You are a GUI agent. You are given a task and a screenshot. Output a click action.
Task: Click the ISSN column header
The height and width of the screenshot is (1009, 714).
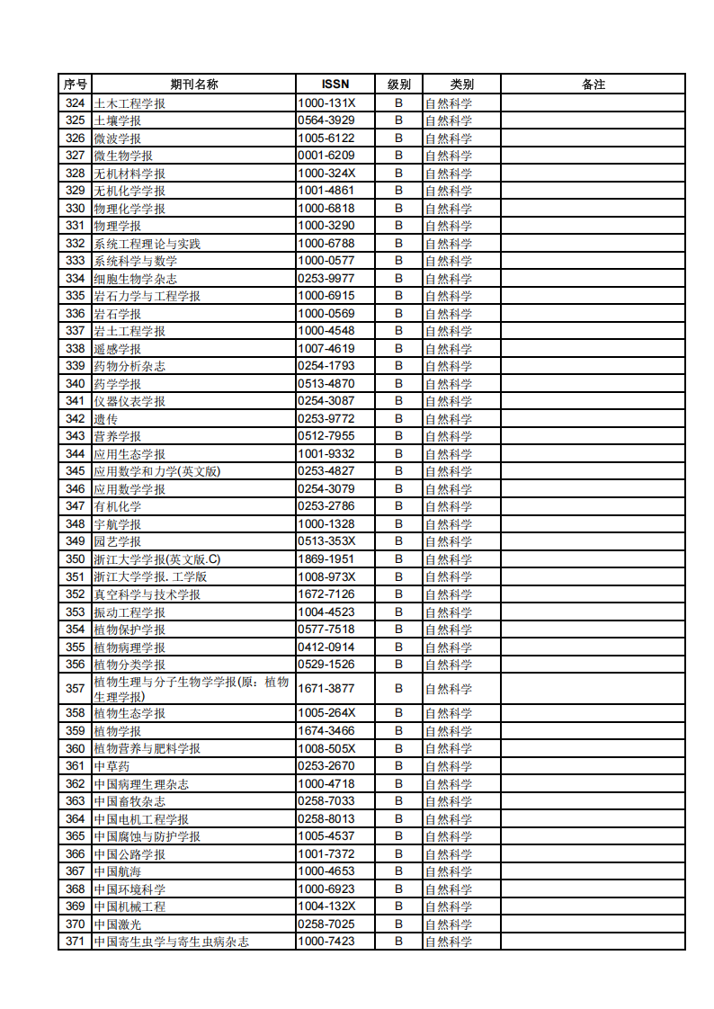coord(335,85)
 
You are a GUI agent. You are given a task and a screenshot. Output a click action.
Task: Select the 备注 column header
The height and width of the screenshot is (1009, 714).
coord(593,85)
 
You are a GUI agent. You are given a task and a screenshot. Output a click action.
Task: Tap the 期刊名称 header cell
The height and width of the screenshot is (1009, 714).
coord(194,85)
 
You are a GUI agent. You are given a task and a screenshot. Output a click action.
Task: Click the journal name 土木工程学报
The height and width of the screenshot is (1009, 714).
coord(129,103)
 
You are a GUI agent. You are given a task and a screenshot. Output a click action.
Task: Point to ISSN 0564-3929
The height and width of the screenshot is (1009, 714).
coord(326,121)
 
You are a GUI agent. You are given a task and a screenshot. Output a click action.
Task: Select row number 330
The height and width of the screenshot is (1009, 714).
coord(76,209)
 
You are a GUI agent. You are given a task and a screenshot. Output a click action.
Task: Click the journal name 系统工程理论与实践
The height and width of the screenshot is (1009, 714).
coord(147,244)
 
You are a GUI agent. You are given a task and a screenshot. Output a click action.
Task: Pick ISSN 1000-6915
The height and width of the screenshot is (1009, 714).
coord(326,296)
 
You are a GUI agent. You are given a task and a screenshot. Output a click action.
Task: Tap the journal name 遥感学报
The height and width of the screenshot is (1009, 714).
coord(118,349)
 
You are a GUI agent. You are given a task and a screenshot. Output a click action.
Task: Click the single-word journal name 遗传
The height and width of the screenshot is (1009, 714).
coord(106,419)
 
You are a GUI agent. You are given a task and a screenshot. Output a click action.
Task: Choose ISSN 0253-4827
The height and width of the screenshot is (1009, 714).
coord(326,471)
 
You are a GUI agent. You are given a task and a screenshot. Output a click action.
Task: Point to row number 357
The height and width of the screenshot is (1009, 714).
coord(76,689)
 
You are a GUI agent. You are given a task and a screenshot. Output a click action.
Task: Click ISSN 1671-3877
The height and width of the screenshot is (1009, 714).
coord(326,689)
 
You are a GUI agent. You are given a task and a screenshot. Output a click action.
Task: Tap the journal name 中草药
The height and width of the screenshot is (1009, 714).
coord(112,766)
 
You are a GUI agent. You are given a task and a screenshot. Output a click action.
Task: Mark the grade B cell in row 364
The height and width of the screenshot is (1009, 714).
coord(398,819)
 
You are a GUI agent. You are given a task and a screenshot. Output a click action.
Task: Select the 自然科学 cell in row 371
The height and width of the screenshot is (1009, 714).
coord(449,942)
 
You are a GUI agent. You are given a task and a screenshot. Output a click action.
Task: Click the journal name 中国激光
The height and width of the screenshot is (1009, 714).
coord(118,924)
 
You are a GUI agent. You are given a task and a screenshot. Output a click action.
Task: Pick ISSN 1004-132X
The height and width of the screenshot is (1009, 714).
coord(326,906)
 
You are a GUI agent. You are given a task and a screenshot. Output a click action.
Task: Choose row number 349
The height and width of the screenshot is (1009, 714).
coord(76,541)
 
